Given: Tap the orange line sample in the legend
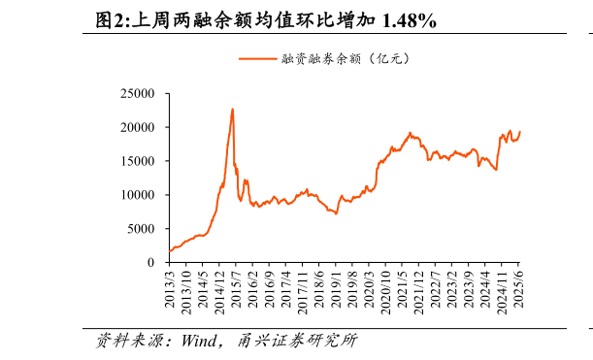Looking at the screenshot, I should [x=258, y=58].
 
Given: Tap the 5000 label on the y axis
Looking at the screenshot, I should [x=141, y=229].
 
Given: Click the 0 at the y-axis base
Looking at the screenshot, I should [x=152, y=262].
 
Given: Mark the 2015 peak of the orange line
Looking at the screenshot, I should [x=232, y=109].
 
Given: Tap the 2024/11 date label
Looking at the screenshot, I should [x=503, y=292].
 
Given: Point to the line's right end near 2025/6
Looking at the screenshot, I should [x=519, y=132].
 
